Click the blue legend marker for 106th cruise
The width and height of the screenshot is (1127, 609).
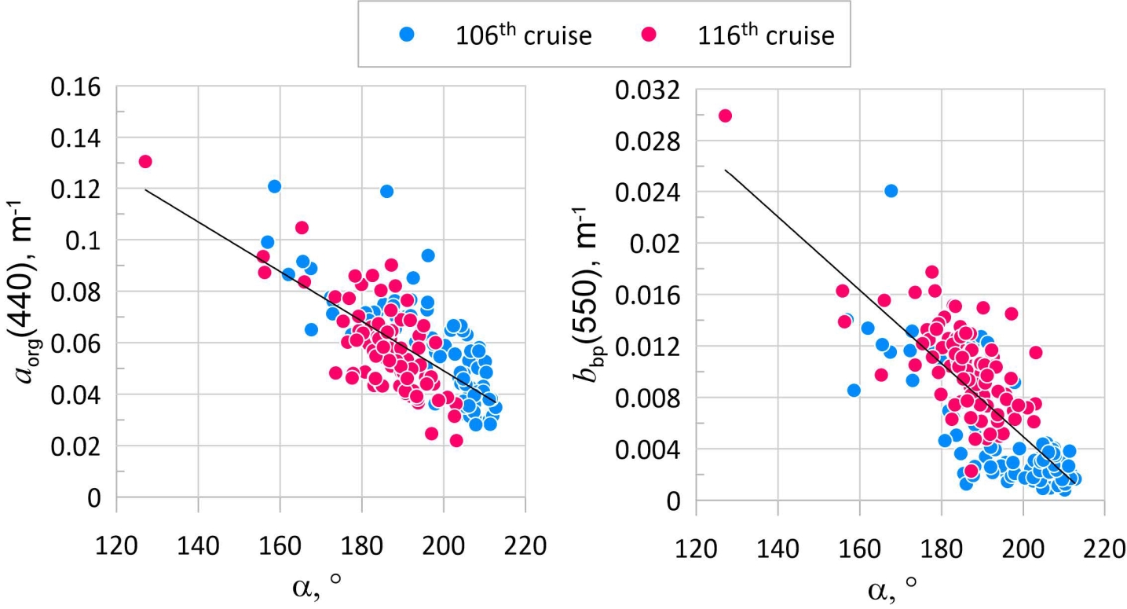pos(407,35)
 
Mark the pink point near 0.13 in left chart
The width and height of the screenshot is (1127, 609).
pos(145,162)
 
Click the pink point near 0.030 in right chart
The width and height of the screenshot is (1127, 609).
pos(725,116)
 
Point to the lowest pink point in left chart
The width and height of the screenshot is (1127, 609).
pos(456,440)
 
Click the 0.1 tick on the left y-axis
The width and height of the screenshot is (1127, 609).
pos(84,240)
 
